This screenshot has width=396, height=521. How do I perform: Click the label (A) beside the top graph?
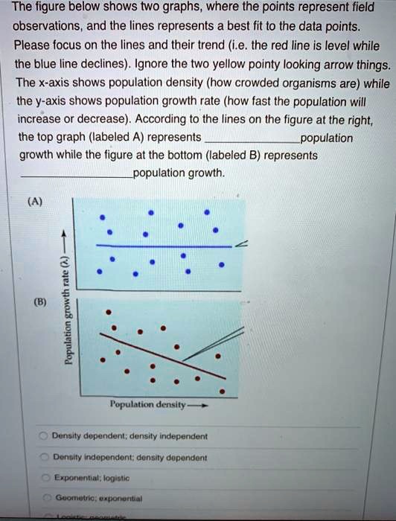click(35, 200)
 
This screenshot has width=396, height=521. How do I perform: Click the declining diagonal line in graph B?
click(149, 343)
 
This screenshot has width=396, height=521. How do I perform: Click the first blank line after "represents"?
click(250, 139)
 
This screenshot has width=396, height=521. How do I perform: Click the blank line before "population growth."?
click(76, 175)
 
